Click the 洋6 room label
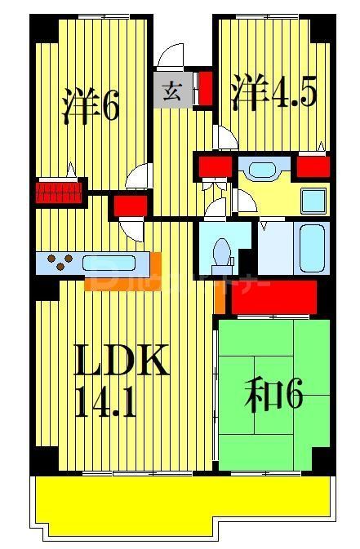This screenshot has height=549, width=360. tap(91, 105)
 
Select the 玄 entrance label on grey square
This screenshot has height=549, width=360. tap(172, 91)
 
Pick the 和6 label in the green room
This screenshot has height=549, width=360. tap(273, 396)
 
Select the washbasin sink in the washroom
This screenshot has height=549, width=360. tap(262, 170)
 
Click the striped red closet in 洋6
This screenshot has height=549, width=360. tap(60, 193)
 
